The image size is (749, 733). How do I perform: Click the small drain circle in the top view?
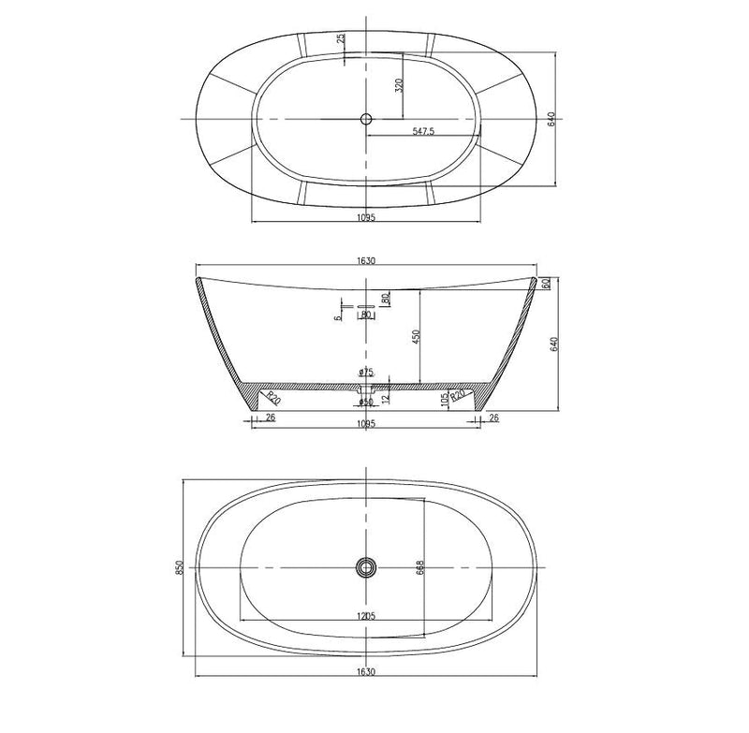coord(366,119)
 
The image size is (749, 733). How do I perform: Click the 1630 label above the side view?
coord(366,262)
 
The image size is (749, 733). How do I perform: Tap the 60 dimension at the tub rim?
coord(545,285)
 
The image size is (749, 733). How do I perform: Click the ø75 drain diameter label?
coord(366,374)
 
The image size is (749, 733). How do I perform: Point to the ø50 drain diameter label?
coord(366,403)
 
